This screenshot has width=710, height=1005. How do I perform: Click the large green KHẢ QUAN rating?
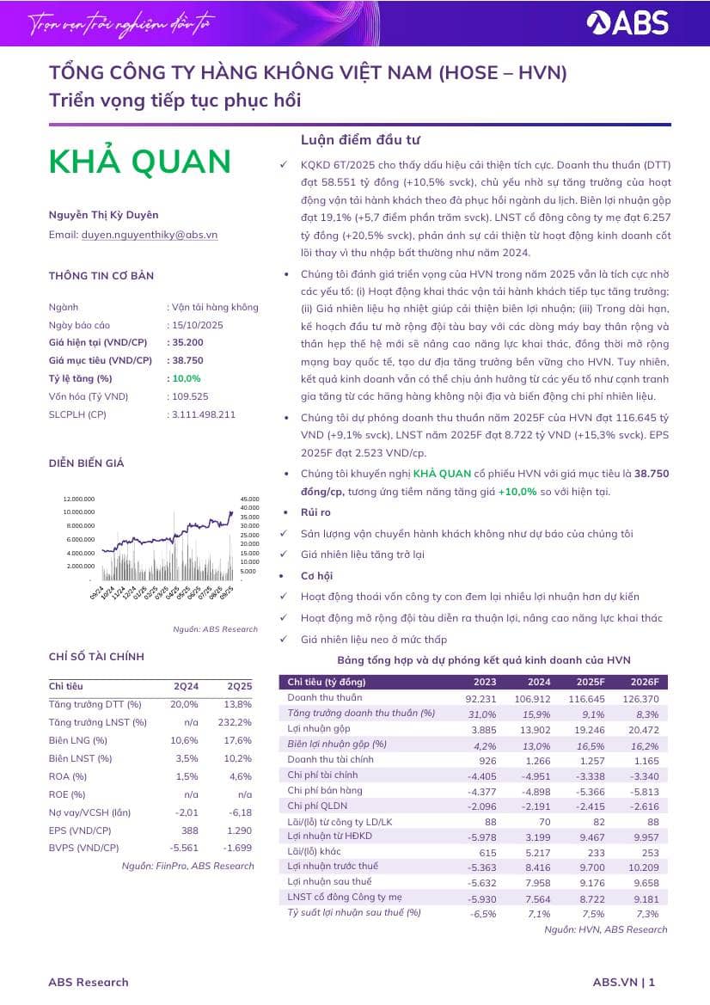point(140,162)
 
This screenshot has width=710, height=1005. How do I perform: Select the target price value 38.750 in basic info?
point(186,360)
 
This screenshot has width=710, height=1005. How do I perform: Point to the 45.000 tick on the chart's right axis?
point(249,499)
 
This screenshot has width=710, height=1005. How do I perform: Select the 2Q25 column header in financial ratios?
point(239,687)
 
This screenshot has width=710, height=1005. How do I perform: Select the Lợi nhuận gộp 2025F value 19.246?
point(586,729)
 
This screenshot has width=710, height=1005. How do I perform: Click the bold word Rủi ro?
point(315,512)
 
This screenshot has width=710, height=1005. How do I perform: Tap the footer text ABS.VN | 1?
point(624,982)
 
